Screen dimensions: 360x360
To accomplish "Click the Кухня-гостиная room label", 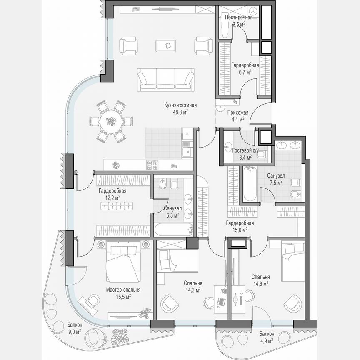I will pyautogui.click(x=180, y=105).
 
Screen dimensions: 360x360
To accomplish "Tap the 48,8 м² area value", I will pyautogui.click(x=180, y=112).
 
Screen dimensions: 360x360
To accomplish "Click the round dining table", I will pyautogui.click(x=111, y=121).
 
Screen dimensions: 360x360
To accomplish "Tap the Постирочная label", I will pyautogui.click(x=239, y=17).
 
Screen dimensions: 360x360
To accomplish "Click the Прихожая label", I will pyautogui.click(x=238, y=112).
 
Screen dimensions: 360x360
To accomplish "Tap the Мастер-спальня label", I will pyautogui.click(x=123, y=290).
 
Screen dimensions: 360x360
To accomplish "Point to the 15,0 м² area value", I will pyautogui.click(x=240, y=229).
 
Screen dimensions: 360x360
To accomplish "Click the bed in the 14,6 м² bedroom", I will pyautogui.click(x=293, y=261).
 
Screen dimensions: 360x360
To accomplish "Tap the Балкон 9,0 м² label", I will pyautogui.click(x=75, y=325).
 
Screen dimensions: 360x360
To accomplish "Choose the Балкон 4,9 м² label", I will pyautogui.click(x=266, y=334).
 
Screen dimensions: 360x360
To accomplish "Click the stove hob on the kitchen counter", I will pyautogui.click(x=152, y=165).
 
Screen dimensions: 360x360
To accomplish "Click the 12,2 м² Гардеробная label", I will pyautogui.click(x=112, y=191).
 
